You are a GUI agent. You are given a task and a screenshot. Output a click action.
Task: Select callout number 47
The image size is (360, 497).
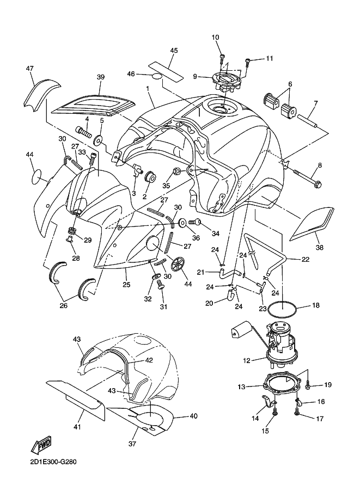[x=30, y=69]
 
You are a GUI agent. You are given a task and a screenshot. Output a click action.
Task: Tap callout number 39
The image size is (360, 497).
[x=100, y=77]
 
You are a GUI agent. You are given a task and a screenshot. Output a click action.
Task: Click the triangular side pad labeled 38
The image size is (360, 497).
[x=307, y=223]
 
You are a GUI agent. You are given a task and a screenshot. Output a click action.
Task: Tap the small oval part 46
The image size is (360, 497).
[x=156, y=76]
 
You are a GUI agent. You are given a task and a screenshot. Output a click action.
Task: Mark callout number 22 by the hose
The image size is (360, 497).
[x=306, y=260]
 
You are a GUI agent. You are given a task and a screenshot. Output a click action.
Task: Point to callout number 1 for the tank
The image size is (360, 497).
[x=148, y=88]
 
